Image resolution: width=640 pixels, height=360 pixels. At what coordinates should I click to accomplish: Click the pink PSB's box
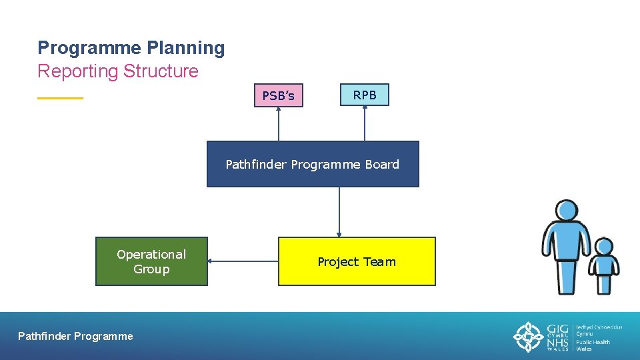pyautogui.click(x=278, y=95)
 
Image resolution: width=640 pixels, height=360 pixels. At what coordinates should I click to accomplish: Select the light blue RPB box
pyautogui.click(x=365, y=95)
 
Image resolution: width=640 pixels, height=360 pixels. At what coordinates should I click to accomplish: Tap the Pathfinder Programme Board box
pyautogui.click(x=313, y=164)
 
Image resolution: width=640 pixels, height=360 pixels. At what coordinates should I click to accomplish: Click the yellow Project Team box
pyautogui.click(x=357, y=261)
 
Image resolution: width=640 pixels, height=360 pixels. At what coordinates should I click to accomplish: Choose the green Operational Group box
pyautogui.click(x=151, y=261)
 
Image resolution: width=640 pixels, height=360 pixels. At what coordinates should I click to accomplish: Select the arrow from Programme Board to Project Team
pyautogui.click(x=339, y=212)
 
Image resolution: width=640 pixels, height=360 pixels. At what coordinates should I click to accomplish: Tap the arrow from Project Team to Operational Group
pyautogui.click(x=243, y=261)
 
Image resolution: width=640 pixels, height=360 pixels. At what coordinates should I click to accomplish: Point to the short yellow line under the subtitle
pyautogui.click(x=60, y=98)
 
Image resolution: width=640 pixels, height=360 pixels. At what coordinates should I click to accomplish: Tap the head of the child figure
pyautogui.click(x=604, y=247)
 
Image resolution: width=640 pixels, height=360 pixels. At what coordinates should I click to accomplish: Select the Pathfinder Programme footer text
pyautogui.click(x=75, y=337)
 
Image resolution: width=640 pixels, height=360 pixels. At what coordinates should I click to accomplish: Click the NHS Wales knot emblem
pyautogui.click(x=528, y=337)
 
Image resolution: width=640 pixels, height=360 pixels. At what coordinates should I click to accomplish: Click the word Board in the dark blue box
pyautogui.click(x=382, y=164)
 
